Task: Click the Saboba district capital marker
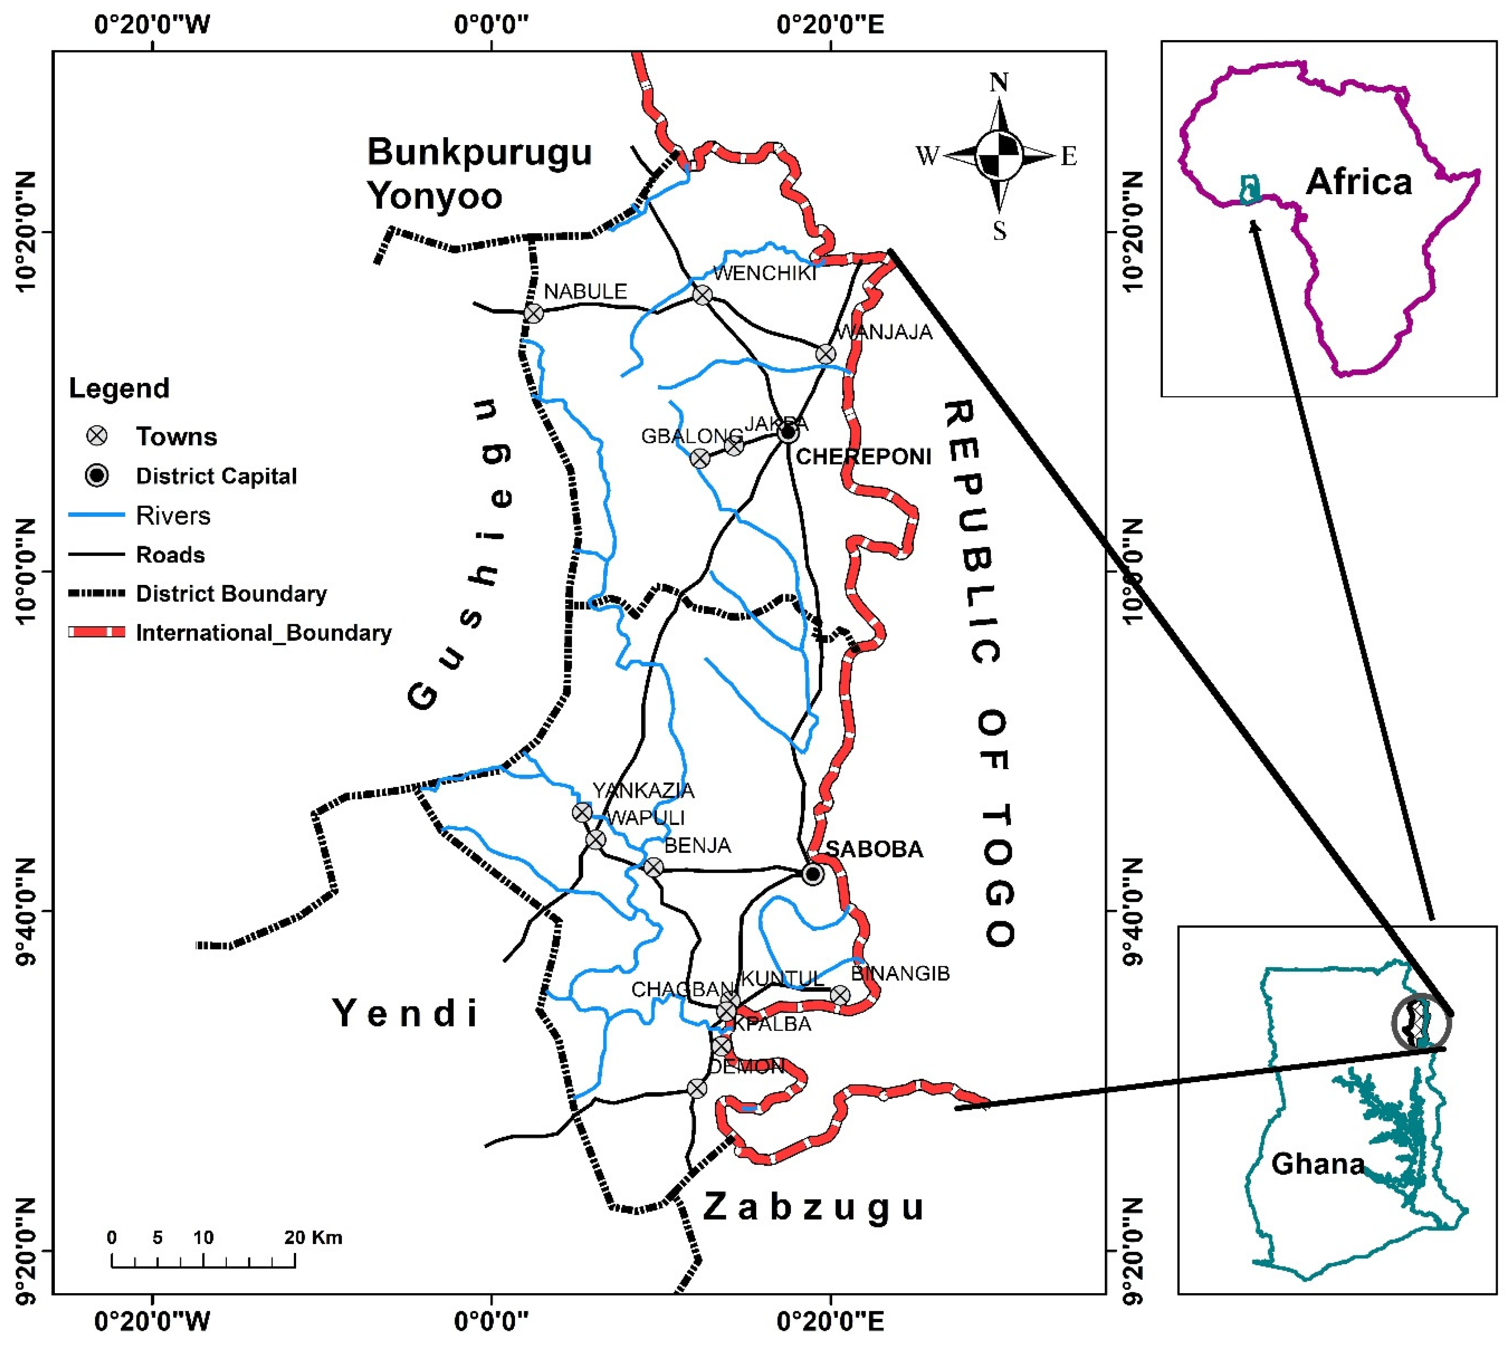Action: tap(812, 874)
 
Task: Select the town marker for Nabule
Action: tap(533, 313)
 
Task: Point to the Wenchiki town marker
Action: tap(702, 295)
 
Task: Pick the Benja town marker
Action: tap(652, 867)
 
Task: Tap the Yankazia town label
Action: tap(643, 790)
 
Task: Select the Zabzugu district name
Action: tap(813, 1207)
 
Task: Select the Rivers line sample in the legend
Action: tap(96, 515)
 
